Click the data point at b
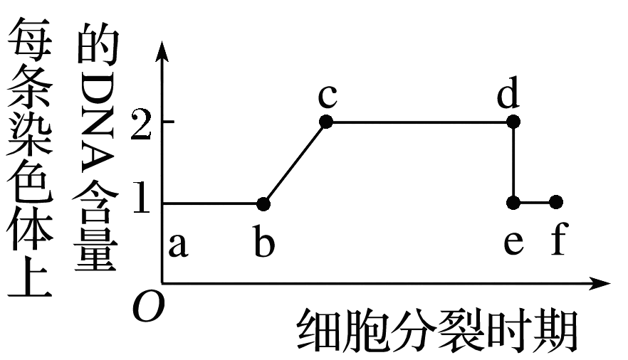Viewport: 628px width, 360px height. point(263,204)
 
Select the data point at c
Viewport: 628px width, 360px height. point(326,122)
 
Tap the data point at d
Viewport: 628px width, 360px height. point(513,122)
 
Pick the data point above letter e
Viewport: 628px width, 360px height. point(513,202)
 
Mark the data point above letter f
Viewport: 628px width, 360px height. point(556,202)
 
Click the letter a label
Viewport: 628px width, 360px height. point(177,245)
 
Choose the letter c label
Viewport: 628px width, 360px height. point(328,96)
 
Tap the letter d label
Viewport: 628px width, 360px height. point(508,92)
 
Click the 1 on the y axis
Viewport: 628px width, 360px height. point(142,197)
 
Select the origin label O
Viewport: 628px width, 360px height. point(149,307)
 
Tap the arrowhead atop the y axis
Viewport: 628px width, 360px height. point(162,51)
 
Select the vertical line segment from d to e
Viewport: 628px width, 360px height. point(513,162)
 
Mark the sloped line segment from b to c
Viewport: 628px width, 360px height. point(294,163)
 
